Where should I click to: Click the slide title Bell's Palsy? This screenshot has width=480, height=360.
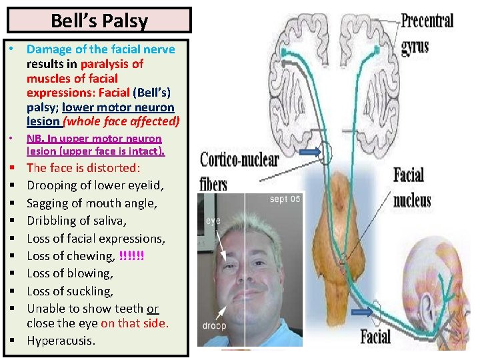(x=99, y=20)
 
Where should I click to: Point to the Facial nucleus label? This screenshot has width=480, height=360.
(x=411, y=187)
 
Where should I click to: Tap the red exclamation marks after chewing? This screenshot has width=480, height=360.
(x=131, y=256)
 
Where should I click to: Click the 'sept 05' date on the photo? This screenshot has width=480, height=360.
(x=285, y=199)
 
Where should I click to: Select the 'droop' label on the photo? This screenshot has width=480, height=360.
(x=215, y=327)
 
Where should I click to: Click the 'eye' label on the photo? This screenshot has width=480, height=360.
(x=213, y=220)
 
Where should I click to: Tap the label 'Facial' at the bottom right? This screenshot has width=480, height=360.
(x=376, y=335)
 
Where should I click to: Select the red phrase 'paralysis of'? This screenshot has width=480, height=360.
(x=112, y=64)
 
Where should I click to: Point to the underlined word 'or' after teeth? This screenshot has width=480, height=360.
(x=153, y=309)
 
